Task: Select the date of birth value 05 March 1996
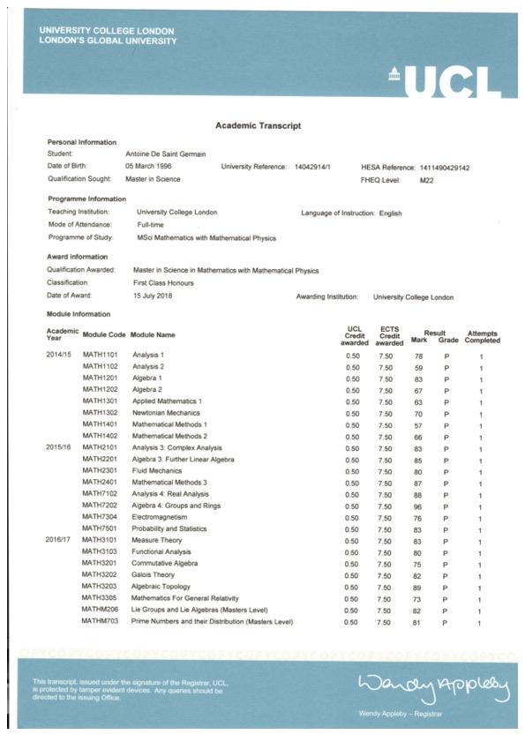[x=154, y=166]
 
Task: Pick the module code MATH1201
[x=100, y=378]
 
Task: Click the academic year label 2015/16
[x=61, y=447]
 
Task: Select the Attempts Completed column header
[x=482, y=336]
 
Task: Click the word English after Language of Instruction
[x=390, y=213]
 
